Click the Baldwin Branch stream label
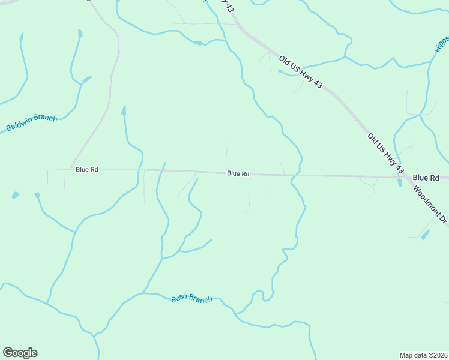click(x=32, y=123)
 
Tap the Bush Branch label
click(x=191, y=298)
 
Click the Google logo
click(x=20, y=353)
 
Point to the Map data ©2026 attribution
click(x=423, y=355)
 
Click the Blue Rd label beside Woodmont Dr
click(x=426, y=178)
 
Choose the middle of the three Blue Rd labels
click(x=238, y=173)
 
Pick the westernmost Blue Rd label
click(x=87, y=170)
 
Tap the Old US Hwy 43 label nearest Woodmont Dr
click(x=385, y=155)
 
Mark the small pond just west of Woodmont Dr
click(x=425, y=235)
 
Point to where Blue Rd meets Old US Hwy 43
click(x=405, y=177)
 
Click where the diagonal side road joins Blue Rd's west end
click(x=70, y=169)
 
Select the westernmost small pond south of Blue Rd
click(x=14, y=196)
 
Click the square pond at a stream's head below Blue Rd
click(x=37, y=195)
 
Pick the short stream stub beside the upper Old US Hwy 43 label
click(x=281, y=72)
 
